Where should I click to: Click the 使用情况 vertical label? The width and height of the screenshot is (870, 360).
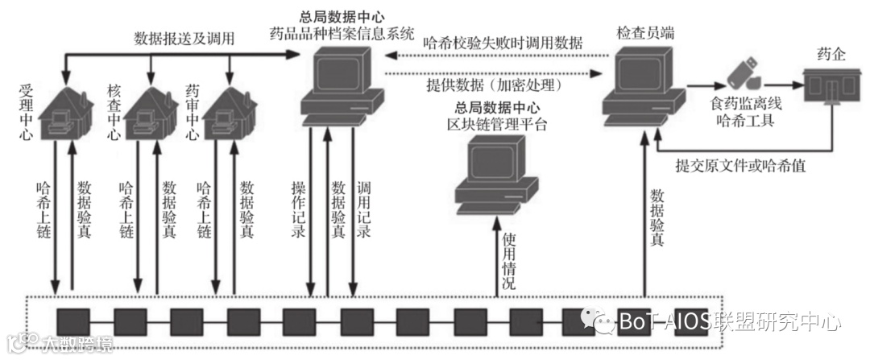click(x=509, y=262)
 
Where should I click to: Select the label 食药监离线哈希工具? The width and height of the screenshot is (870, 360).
click(x=740, y=113)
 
